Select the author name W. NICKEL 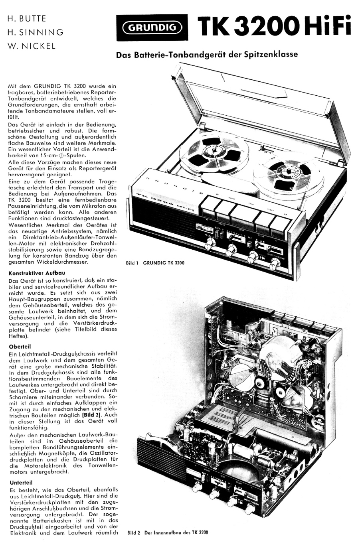pyautogui.click(x=32, y=46)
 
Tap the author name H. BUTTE pyautogui.click(x=27, y=19)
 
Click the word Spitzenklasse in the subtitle pyautogui.click(x=273, y=55)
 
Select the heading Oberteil pyautogui.click(x=20, y=347)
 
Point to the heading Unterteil pyautogui.click(x=20, y=482)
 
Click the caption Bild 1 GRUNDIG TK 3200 pyautogui.click(x=155, y=263)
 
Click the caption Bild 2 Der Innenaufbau pyautogui.click(x=168, y=532)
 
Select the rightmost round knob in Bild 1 pyautogui.click(x=275, y=262)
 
